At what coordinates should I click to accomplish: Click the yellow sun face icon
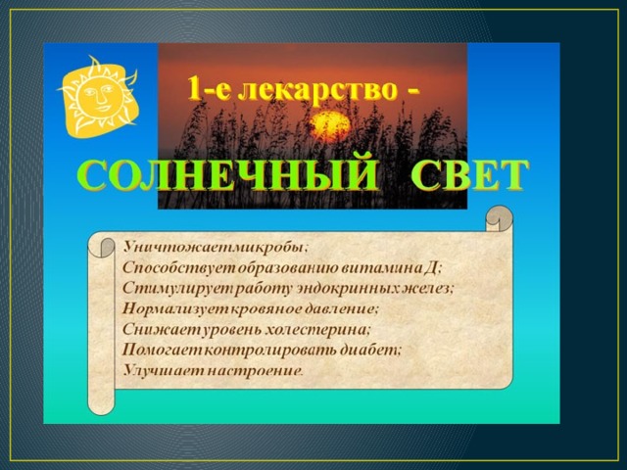[x=99, y=97]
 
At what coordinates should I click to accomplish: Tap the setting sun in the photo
[x=330, y=126]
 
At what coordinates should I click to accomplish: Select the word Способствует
[x=179, y=267]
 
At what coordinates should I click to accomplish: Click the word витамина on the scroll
[x=379, y=267]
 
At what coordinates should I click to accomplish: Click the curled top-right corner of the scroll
[x=499, y=218]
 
